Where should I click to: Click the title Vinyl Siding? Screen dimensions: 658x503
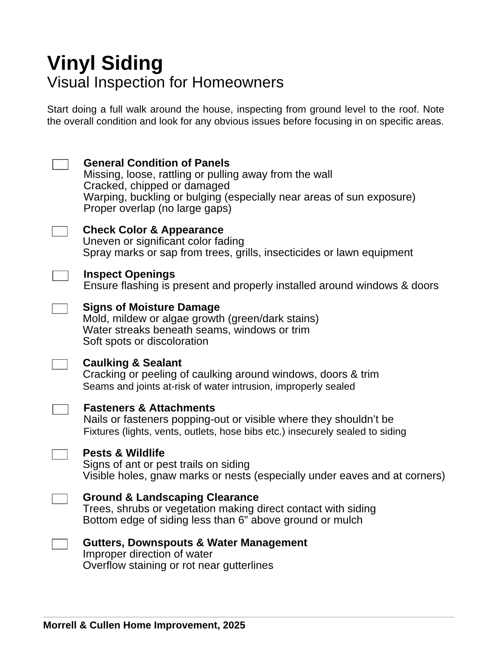point(105,63)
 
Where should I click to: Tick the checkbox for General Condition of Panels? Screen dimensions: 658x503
point(60,164)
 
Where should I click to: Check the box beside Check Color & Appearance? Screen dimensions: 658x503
point(60,231)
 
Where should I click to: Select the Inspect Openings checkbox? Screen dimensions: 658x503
point(60,276)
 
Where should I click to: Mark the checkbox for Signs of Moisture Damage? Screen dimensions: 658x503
point(60,309)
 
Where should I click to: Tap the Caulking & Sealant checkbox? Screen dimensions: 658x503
point(60,364)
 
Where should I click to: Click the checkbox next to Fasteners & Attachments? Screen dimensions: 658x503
point(60,409)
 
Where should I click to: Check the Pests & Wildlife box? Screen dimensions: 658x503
point(60,454)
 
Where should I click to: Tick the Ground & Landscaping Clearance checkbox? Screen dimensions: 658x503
point(60,499)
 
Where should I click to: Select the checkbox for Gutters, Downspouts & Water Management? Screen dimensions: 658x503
point(60,544)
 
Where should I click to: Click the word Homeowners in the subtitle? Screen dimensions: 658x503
point(238,82)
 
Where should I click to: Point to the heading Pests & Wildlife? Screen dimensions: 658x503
point(123,453)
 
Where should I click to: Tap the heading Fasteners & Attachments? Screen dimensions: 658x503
point(149,408)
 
